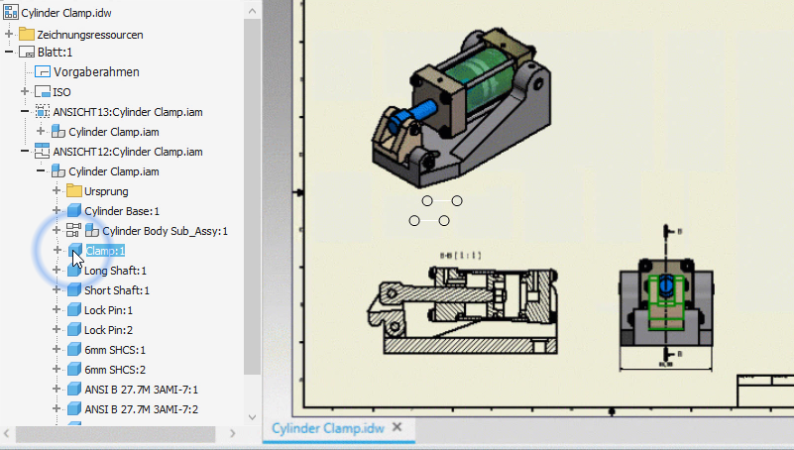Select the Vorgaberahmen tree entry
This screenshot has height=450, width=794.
96,72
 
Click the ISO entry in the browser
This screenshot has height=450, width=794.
61,92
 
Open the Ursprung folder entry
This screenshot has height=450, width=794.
106,191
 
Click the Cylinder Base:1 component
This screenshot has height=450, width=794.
121,211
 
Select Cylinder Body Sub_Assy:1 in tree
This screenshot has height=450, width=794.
165,231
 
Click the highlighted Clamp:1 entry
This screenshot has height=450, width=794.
105,251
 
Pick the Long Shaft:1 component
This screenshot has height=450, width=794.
115,271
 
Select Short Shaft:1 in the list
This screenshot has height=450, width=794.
117,290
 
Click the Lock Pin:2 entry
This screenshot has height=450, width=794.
108,330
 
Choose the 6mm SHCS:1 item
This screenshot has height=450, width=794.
115,350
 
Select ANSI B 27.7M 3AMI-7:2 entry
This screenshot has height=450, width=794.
141,409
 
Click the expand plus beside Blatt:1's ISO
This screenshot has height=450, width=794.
25,92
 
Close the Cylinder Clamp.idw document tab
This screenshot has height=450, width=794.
397,427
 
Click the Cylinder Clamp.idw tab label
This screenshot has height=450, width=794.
327,428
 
